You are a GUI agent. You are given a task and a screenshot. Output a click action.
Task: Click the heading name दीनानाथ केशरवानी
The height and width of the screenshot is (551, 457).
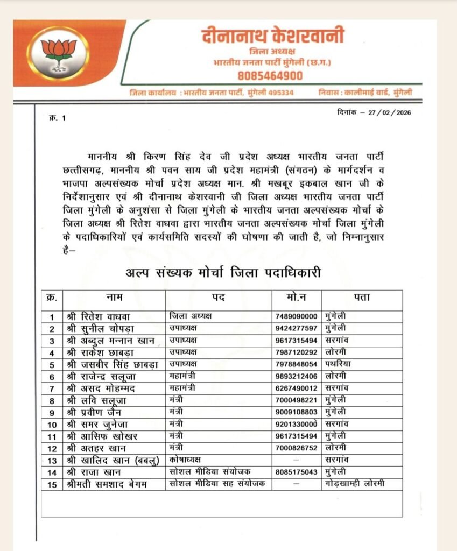coord(272,36)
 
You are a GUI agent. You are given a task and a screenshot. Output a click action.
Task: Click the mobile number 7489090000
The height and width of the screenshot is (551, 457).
coord(297,316)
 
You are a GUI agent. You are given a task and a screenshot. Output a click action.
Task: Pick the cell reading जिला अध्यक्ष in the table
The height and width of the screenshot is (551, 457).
coord(190,316)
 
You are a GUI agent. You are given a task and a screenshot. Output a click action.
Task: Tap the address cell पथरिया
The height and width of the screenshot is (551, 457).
coord(339,364)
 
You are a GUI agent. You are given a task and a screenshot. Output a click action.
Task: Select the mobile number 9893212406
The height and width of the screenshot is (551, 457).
coord(297,376)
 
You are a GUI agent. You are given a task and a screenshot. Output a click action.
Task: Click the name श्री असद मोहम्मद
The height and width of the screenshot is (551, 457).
coord(100,388)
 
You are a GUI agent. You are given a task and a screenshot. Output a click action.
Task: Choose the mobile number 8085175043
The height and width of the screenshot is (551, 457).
coord(297,472)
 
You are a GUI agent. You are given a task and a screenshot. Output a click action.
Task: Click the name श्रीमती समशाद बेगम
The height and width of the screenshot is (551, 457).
coord(106,484)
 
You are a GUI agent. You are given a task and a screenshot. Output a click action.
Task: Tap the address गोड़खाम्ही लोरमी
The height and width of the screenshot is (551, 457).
coord(355,484)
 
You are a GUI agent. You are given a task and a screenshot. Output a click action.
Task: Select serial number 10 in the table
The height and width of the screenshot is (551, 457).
coord(52,424)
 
